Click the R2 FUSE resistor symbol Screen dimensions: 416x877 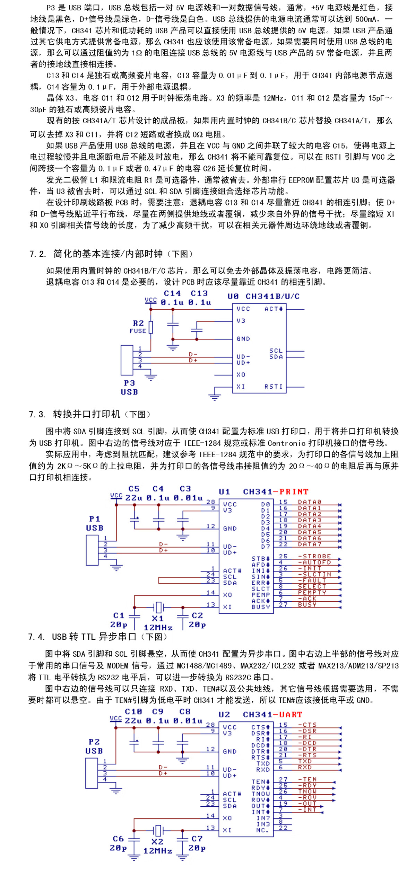tap(151, 327)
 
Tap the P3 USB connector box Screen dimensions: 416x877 tap(127, 360)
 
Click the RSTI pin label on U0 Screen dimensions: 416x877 tap(274, 387)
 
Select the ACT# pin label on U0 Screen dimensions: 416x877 tap(274, 309)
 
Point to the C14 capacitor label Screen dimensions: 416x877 tap(172, 293)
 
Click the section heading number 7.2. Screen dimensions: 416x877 tap(37, 254)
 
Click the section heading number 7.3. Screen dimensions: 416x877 tap(37, 415)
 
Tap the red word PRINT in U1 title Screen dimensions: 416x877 tap(294, 492)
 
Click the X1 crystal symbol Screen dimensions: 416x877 tap(158, 607)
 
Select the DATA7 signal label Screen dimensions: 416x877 tap(310, 544)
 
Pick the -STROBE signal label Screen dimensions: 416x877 tap(314, 556)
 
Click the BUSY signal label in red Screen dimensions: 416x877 tap(307, 604)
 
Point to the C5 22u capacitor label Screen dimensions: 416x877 tap(134, 493)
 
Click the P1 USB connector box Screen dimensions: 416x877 tap(92, 550)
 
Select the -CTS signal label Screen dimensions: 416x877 tap(307, 725)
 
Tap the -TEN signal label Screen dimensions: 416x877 tap(307, 779)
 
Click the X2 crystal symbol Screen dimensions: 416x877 tap(158, 830)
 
